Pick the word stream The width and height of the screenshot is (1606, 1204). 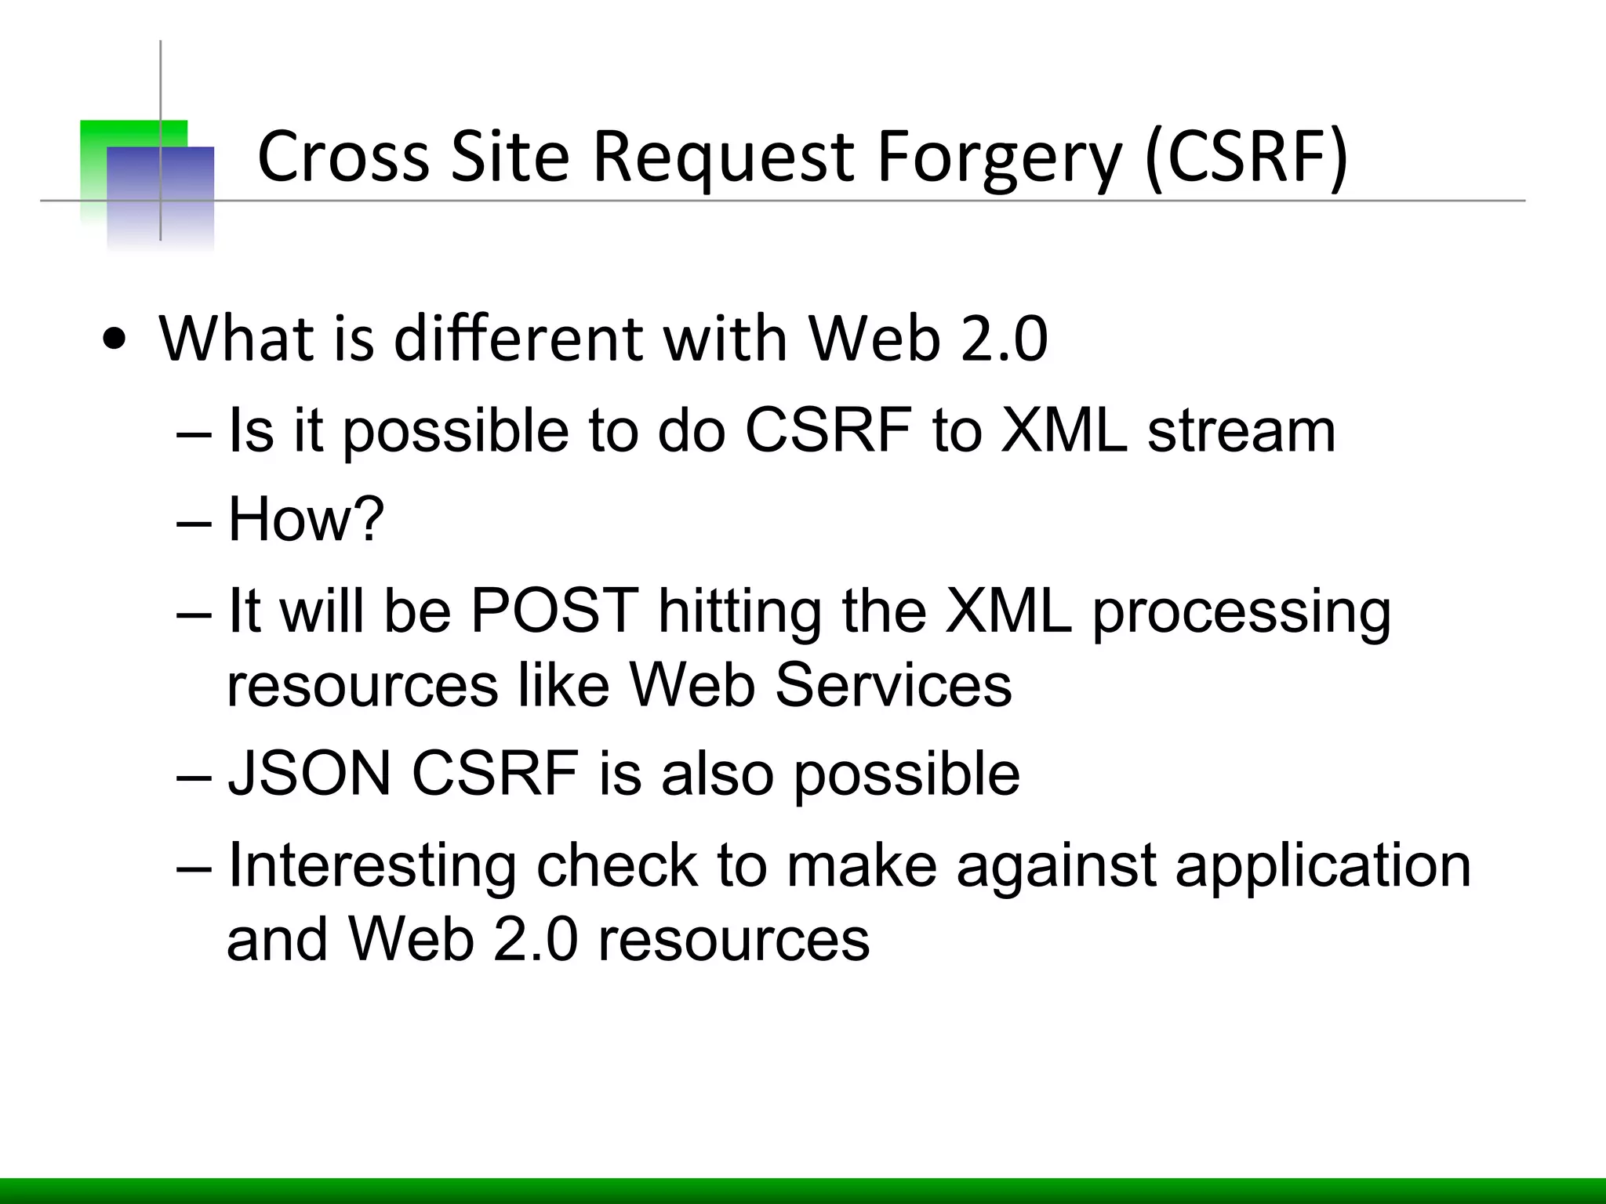1241,430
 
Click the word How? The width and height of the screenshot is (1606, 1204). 306,519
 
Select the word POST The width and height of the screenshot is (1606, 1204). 554,611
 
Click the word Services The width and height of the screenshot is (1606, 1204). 893,685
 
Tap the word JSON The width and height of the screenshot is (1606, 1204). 309,774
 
